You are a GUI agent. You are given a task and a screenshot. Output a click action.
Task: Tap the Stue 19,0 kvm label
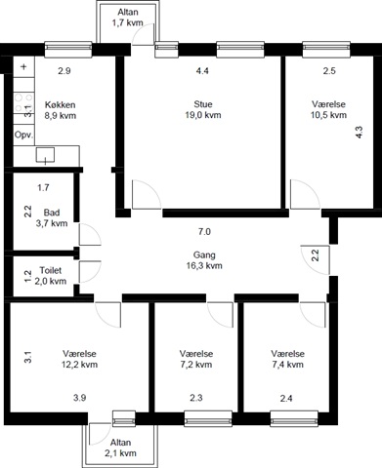pos(203,109)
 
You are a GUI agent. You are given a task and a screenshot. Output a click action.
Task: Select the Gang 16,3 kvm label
pos(204,260)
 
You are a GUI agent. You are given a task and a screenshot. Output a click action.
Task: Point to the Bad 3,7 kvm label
pos(52,217)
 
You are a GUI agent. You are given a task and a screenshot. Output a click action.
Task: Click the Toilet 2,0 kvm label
pos(51,276)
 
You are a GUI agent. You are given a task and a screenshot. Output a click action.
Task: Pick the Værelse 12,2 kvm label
pos(79,359)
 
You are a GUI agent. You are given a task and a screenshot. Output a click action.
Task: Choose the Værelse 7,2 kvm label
pos(196,359)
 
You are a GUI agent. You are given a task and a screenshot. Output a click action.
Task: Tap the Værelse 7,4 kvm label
pos(287,359)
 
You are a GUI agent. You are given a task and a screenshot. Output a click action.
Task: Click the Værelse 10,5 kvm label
pos(328,109)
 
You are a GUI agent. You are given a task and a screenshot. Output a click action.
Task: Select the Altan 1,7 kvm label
pos(128,18)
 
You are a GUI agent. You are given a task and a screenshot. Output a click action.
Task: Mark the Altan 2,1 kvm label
pos(120,448)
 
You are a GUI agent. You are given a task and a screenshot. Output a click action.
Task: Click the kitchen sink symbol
pos(45,155)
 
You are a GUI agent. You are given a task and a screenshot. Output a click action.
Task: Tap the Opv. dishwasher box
pos(23,135)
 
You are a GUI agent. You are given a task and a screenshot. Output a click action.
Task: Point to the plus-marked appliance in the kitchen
pos(23,67)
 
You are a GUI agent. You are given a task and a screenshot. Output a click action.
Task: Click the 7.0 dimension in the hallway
pos(204,232)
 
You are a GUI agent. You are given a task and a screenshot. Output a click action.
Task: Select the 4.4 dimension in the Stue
pos(202,70)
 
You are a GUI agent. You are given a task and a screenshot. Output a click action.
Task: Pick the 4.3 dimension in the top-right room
pos(359,133)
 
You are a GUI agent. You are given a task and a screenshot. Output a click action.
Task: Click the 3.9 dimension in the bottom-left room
pos(79,398)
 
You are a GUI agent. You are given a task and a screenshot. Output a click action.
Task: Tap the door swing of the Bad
pos(90,234)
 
